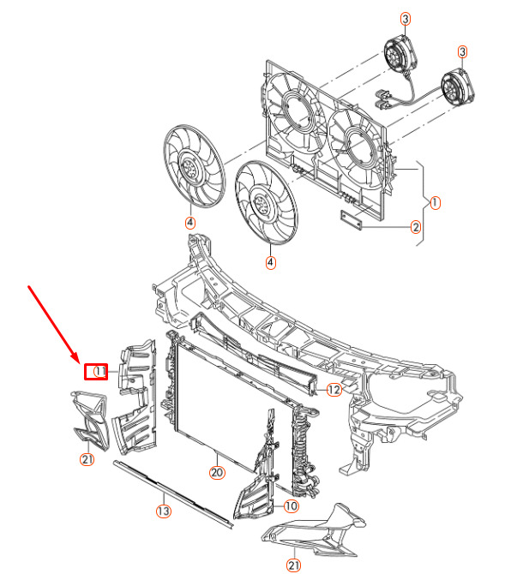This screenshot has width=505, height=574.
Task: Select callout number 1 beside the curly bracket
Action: (x=435, y=203)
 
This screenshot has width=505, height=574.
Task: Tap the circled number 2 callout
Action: (x=415, y=227)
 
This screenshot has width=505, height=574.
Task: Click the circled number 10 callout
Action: (x=292, y=505)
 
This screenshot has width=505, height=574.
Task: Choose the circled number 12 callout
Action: (x=334, y=389)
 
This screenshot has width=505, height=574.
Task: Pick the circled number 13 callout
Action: (x=163, y=511)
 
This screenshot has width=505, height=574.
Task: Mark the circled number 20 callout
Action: (x=216, y=471)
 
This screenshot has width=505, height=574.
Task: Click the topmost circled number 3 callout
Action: (x=406, y=19)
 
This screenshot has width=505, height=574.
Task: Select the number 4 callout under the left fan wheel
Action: (x=189, y=223)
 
